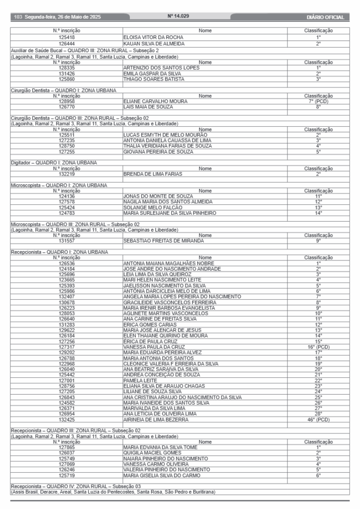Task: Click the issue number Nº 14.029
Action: pos(180,17)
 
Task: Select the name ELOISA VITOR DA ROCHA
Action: pos(153,37)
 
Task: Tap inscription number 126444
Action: pos(67,44)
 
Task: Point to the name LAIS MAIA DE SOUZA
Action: pos(148,107)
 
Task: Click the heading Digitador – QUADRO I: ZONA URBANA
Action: pos(54,163)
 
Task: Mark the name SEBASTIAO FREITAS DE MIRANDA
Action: pos(164,241)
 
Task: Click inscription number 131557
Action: pos(67,241)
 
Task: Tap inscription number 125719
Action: pos(67,475)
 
